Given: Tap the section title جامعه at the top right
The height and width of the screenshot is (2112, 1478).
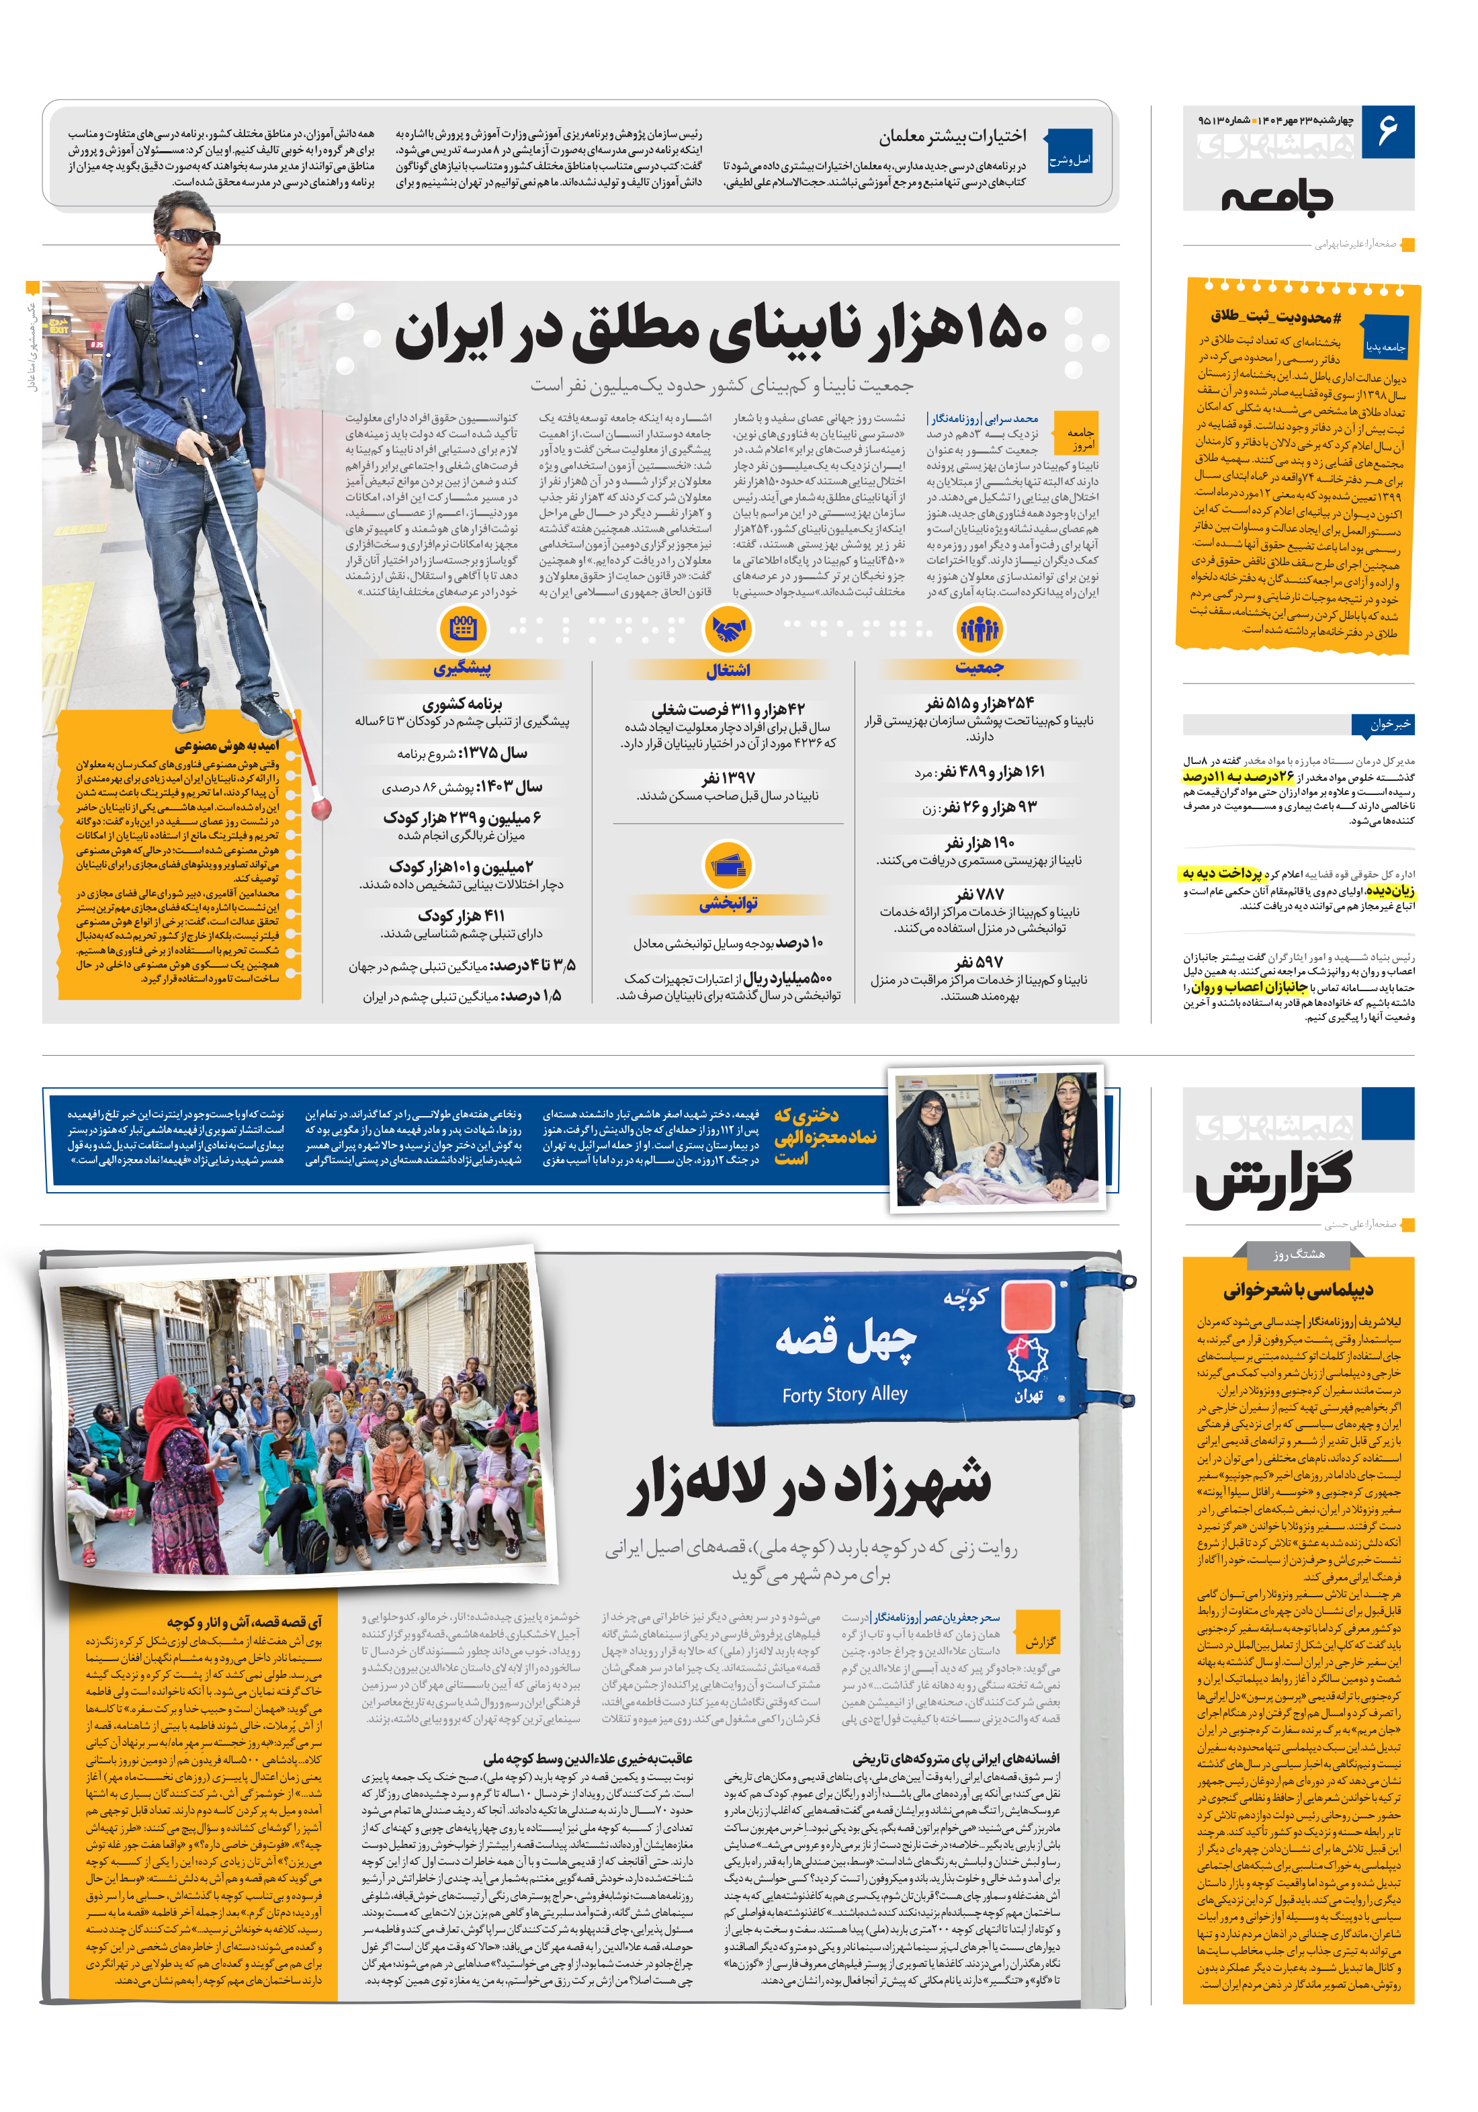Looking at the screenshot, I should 1276,196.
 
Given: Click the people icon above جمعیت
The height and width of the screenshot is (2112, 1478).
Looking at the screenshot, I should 979,629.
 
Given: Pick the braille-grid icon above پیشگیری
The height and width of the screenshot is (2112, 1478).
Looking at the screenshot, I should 463,629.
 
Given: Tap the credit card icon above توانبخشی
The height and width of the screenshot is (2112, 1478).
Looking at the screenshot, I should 728,865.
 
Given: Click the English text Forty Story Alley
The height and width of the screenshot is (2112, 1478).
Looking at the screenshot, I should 844,1394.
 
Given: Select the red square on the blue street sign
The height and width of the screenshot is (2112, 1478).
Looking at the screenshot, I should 1027,1306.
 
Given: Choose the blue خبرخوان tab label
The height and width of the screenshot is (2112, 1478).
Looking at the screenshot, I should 1388,724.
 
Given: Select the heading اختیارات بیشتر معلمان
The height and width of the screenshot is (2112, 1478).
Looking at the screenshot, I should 952,137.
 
